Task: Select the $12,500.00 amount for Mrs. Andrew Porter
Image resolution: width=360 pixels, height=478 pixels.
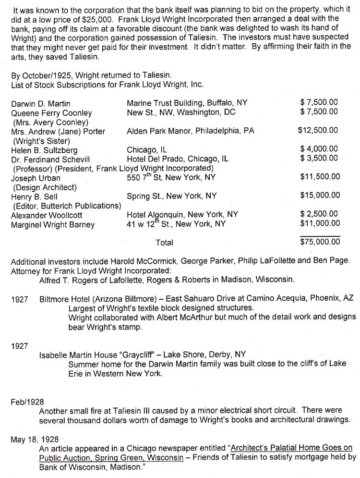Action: point(318,131)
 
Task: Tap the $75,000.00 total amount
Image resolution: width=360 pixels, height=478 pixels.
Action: point(319,242)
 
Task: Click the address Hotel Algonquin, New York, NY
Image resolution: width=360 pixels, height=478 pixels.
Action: point(182,215)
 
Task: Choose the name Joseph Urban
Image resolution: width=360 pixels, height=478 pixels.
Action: point(36,178)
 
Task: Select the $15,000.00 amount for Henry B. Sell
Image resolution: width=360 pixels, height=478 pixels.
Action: point(320,196)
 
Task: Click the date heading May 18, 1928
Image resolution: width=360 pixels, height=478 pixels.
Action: point(32,439)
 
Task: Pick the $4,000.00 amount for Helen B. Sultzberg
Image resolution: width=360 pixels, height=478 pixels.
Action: point(319,149)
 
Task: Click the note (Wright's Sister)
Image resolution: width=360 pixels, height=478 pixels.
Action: point(41,140)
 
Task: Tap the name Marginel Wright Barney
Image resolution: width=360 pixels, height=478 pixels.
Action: point(53,224)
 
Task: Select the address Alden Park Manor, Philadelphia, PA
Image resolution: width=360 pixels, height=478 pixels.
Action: point(191,131)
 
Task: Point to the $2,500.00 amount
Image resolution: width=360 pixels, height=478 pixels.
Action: point(319,214)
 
